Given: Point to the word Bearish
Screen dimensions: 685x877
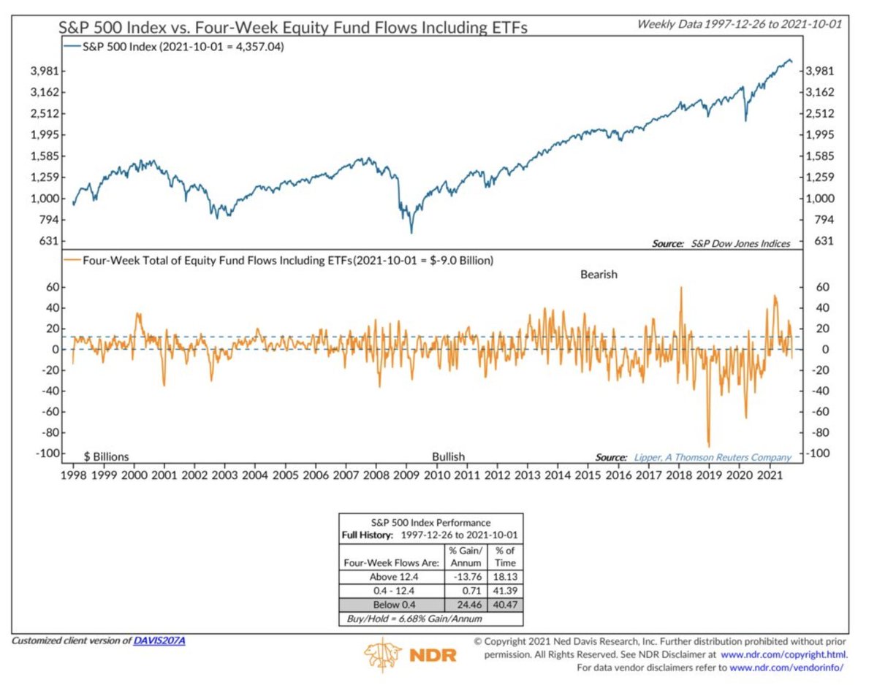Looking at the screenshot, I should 599,275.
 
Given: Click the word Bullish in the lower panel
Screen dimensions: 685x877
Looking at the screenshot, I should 448,456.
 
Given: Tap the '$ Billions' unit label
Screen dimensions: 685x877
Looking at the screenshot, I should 107,456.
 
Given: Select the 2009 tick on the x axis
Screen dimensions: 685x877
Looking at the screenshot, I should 406,475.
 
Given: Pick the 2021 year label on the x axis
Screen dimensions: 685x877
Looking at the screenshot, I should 768,475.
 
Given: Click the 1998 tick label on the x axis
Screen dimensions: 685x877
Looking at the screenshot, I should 75,475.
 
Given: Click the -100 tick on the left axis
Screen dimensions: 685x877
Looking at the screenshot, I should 47,454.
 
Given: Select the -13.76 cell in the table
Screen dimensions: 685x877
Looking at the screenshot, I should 466,576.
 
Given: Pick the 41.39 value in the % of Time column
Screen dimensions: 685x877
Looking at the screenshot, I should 505,591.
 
